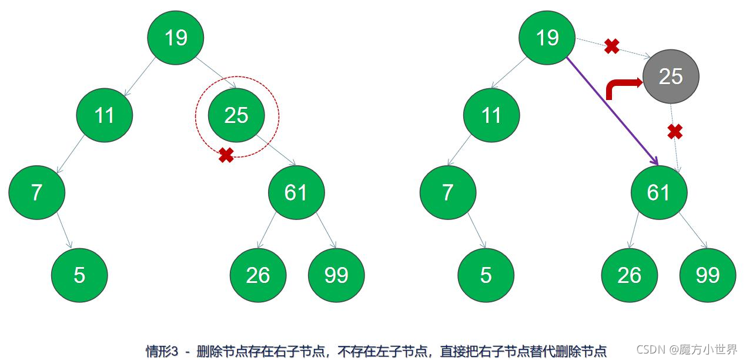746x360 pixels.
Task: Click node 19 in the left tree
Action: coord(175,38)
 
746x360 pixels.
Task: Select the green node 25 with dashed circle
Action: coord(236,115)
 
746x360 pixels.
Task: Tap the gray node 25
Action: coord(671,76)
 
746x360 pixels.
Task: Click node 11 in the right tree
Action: coord(491,115)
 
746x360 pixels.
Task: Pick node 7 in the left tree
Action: coord(36,192)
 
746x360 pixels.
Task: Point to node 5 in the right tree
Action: coord(486,275)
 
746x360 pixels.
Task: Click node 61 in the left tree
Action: coord(296,192)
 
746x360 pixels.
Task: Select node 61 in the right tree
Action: coord(658,192)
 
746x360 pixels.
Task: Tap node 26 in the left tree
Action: coord(257,275)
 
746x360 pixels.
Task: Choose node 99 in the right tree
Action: coord(707,275)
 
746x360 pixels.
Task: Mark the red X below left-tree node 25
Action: coord(226,155)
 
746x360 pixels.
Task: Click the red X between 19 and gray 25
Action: coord(612,46)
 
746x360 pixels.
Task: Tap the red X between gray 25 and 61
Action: coord(675,132)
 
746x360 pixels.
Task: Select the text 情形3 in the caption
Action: coord(162,351)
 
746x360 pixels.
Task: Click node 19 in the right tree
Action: coord(547,38)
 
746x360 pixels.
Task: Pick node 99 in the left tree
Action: coord(336,275)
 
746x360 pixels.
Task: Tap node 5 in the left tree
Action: coord(79,275)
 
